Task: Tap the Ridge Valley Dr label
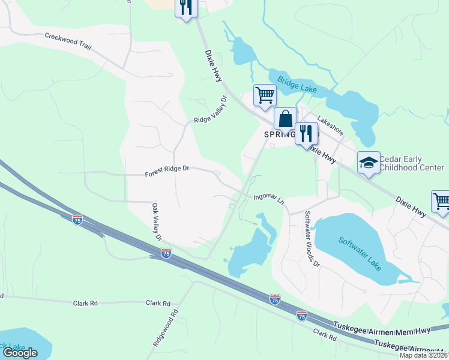tap(210, 110)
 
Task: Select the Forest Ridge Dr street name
tap(167, 172)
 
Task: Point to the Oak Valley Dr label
tap(157, 221)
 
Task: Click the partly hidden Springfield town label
tap(279, 135)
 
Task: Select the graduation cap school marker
tap(369, 162)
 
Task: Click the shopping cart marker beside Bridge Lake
tap(264, 95)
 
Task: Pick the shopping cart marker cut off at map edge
tap(441, 202)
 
